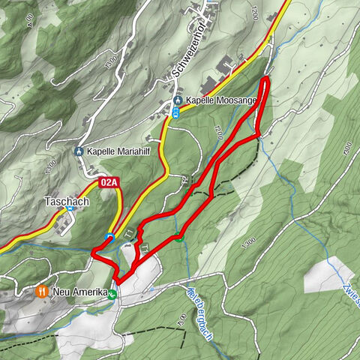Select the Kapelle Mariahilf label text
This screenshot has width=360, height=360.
tap(116, 151)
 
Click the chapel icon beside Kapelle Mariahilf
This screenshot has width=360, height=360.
tap(79, 151)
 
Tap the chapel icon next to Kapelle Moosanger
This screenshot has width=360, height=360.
tap(178, 100)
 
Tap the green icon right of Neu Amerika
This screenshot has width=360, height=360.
tap(112, 294)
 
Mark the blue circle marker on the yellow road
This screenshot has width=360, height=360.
tap(109, 237)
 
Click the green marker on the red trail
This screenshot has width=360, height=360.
tap(178, 238)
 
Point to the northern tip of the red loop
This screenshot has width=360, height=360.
tap(266, 78)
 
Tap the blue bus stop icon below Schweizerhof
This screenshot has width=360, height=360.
tap(176, 113)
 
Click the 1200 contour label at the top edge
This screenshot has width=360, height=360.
tap(254, 11)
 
